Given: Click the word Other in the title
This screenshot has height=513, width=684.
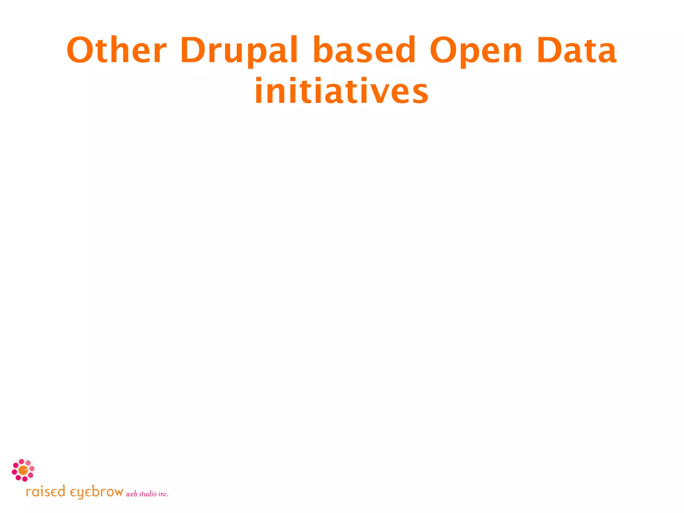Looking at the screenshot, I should [116, 50].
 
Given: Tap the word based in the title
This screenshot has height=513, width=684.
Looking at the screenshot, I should [364, 50].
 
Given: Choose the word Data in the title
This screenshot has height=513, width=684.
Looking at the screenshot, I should [576, 50].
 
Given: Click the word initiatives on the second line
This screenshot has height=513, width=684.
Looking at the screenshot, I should [341, 91].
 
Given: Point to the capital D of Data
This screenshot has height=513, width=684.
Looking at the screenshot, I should [549, 50].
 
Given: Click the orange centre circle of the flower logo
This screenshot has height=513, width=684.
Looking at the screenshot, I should [23, 470].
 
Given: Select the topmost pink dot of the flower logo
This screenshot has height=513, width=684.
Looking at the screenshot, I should [21, 462].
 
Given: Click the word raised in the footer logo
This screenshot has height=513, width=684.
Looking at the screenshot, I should [45, 492].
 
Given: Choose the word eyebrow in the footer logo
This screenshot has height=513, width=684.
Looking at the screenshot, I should [97, 492].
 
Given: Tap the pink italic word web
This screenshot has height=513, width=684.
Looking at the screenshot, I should [132, 494].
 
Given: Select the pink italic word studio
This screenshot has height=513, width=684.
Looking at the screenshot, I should [148, 494].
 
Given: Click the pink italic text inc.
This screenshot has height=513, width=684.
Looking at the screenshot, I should [163, 494].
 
